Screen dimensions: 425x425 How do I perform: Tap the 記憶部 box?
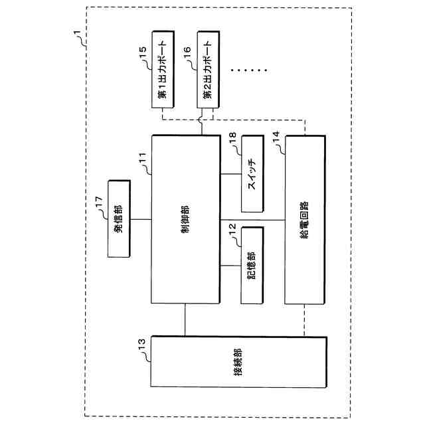point(252,265)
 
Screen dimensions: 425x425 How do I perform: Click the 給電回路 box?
point(305,219)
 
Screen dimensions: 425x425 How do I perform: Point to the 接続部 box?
point(238,362)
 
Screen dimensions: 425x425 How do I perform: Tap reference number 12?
point(232,227)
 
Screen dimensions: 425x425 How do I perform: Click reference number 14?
point(275,137)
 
